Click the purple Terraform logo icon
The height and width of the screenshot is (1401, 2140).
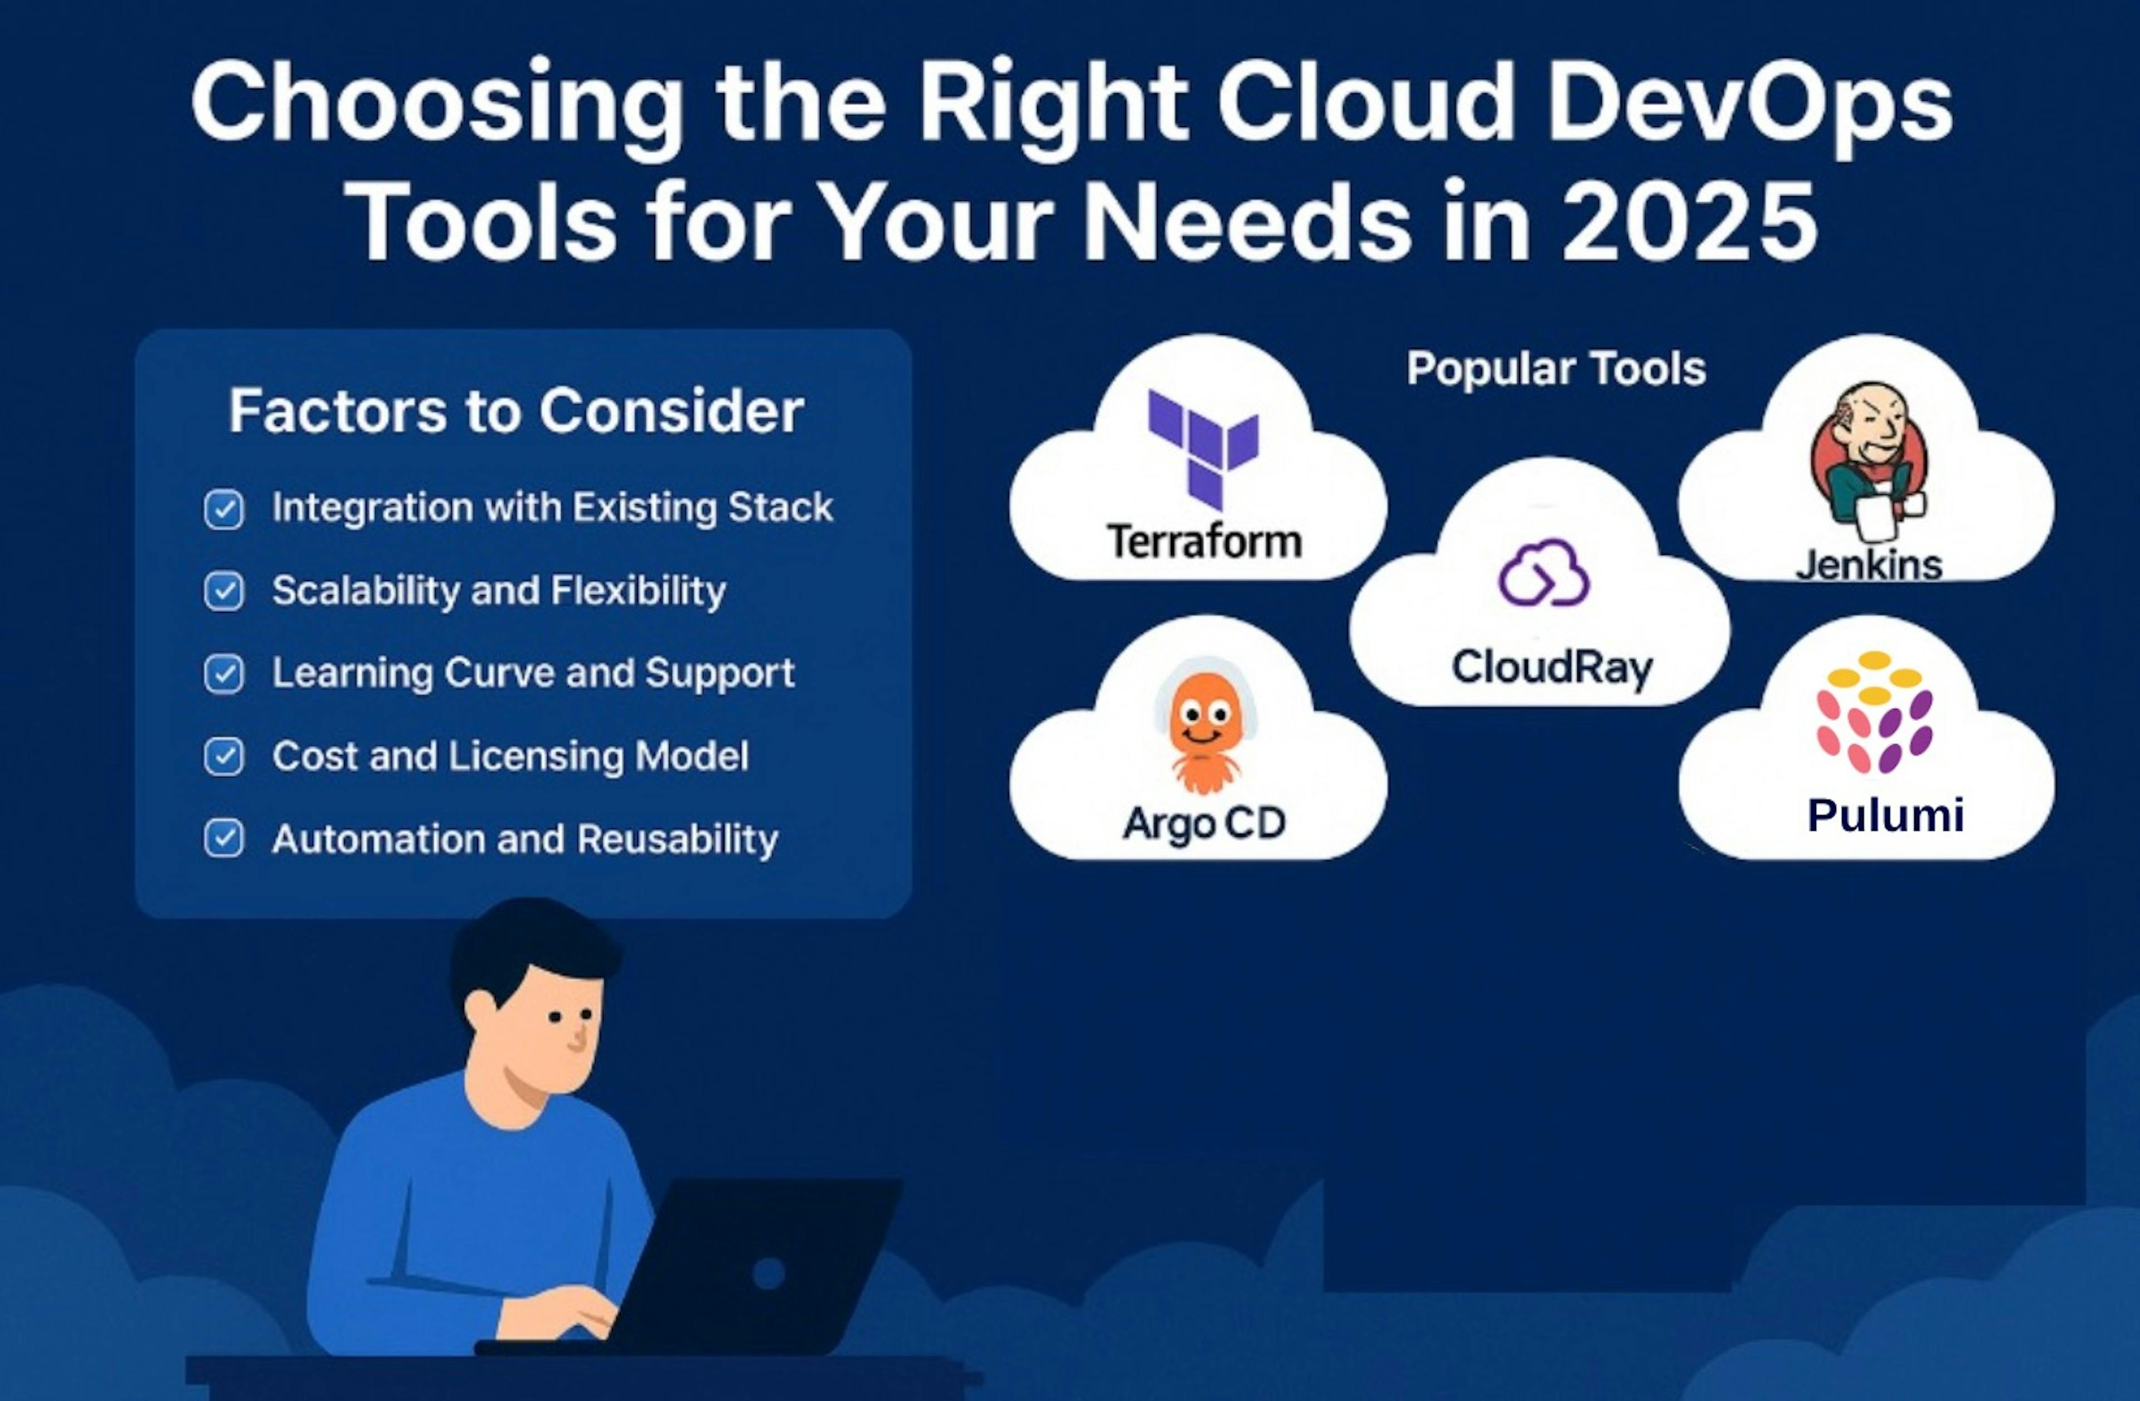1203,447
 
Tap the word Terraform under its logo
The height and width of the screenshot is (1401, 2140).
1204,541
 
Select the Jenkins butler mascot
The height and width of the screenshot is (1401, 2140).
1869,454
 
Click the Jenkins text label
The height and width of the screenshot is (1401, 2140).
1869,565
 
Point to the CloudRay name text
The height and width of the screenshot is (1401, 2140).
1552,667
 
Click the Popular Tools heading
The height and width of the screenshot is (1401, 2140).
1555,369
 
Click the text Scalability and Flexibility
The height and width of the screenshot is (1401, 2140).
498,591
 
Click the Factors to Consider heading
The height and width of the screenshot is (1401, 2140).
516,411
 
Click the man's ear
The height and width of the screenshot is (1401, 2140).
481,1011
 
